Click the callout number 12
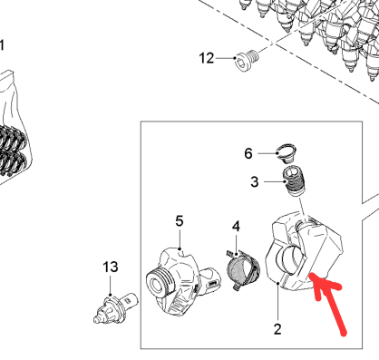(x=207, y=58)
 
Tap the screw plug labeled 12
(x=247, y=60)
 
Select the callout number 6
(x=248, y=153)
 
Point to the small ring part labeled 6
(x=287, y=152)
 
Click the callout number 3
(x=255, y=182)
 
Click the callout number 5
(x=180, y=221)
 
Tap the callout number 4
(x=236, y=226)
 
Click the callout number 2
(x=277, y=329)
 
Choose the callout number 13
(x=111, y=267)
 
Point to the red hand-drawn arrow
(x=327, y=302)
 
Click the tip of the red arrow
(x=310, y=274)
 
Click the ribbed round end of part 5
(x=160, y=283)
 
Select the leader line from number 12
(x=225, y=58)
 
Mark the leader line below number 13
(x=110, y=285)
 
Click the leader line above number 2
(x=277, y=302)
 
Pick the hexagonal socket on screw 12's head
(x=240, y=63)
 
